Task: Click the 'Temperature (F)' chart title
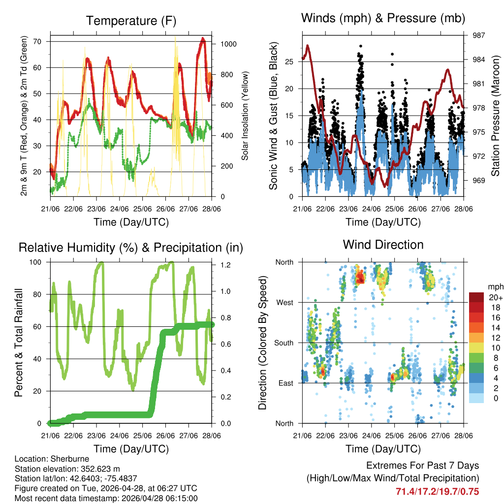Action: (x=131, y=21)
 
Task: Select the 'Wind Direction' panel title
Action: (x=383, y=244)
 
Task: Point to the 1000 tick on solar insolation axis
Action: (x=229, y=44)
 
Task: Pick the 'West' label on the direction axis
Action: (x=284, y=302)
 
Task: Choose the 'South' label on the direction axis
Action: (x=283, y=343)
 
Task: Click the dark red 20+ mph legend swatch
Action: (x=476, y=297)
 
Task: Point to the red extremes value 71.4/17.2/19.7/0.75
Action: (x=437, y=491)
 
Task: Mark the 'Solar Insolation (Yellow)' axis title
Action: (x=245, y=116)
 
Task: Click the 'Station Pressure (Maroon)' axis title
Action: (x=496, y=116)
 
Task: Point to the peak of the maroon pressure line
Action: (x=308, y=45)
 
